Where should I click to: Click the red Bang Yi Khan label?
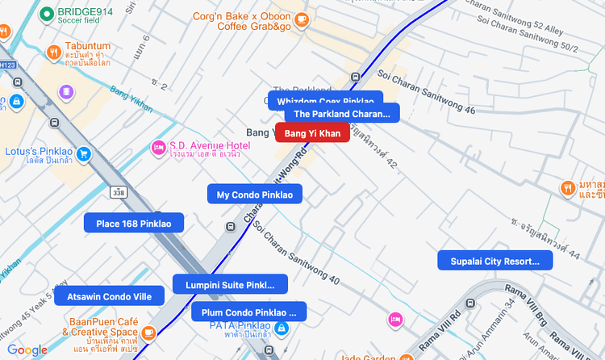312,132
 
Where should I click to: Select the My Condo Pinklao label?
255,195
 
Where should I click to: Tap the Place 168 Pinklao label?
134,224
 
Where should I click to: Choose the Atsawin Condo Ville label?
109,296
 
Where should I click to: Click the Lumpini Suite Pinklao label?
230,285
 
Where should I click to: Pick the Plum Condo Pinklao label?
248,312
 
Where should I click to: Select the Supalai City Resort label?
494,261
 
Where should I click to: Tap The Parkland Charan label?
341,114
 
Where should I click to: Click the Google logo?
27,350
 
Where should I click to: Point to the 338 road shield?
119,192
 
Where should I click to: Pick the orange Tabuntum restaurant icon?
53,52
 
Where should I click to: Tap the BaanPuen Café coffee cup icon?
148,333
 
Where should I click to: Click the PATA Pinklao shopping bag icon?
281,329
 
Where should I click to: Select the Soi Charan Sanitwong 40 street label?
295,251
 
